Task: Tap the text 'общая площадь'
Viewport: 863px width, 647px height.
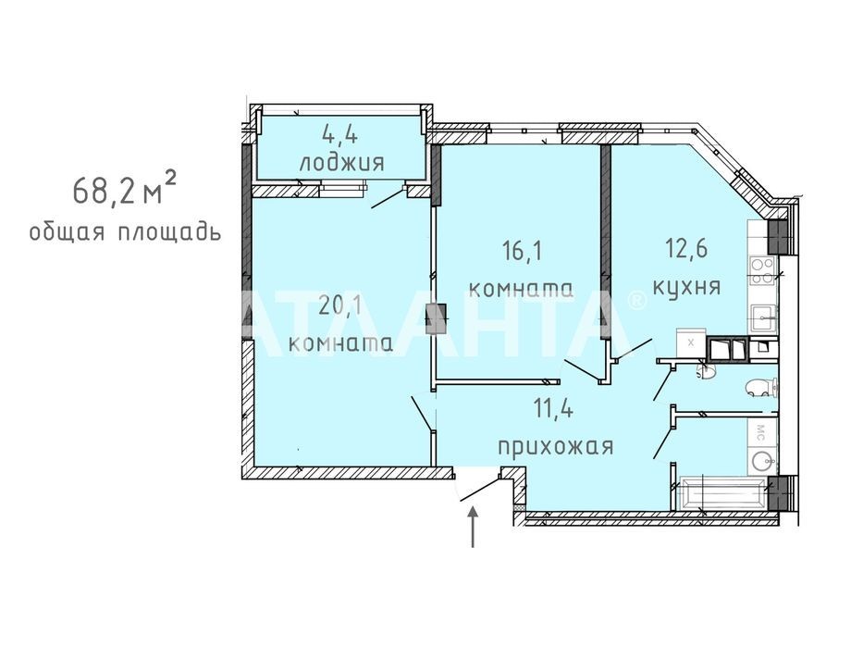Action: pos(125,232)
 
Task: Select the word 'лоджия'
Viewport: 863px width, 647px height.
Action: pos(341,163)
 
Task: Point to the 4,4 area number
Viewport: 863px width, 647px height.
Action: pos(339,135)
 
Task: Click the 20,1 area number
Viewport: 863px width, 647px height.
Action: pos(339,305)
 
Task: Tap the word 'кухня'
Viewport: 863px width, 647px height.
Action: pos(687,288)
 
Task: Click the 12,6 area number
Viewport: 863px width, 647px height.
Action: pos(687,249)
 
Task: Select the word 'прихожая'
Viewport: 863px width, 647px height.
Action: pos(555,446)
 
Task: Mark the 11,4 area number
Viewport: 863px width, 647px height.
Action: pos(553,409)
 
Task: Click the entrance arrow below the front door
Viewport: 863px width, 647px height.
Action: pos(473,528)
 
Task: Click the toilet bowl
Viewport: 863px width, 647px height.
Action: pos(761,388)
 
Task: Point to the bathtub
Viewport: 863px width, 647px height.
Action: pos(722,494)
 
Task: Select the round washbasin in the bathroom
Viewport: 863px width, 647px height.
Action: pos(762,459)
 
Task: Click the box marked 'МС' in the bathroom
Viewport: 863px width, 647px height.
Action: pos(762,430)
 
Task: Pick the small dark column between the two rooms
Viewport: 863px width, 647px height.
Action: pos(440,318)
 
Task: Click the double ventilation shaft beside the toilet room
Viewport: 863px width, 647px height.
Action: pos(727,349)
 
